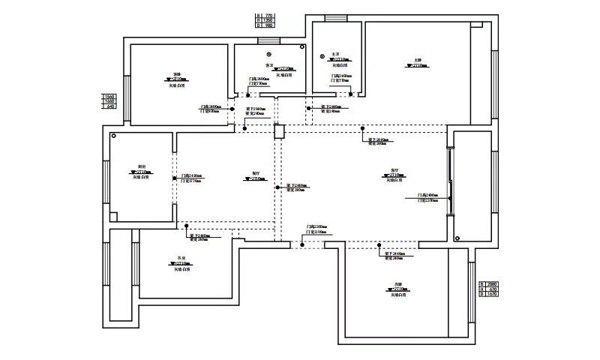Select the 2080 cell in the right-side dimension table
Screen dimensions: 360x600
(x=493, y=284)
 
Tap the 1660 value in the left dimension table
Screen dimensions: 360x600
(x=111, y=101)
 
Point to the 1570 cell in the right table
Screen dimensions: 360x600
(x=493, y=295)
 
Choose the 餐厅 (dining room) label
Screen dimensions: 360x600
(x=247, y=173)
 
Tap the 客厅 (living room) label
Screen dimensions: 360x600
(x=393, y=169)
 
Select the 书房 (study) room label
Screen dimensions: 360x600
(x=181, y=258)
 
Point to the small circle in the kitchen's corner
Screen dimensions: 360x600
(x=114, y=137)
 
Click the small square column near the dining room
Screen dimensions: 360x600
(x=280, y=132)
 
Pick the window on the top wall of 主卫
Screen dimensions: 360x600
(x=334, y=18)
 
